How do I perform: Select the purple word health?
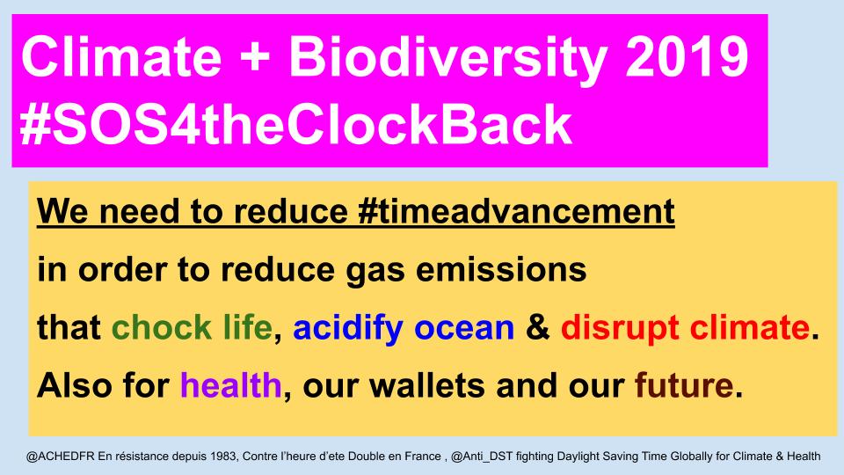[x=231, y=384]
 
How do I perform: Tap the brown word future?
[x=684, y=384]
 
